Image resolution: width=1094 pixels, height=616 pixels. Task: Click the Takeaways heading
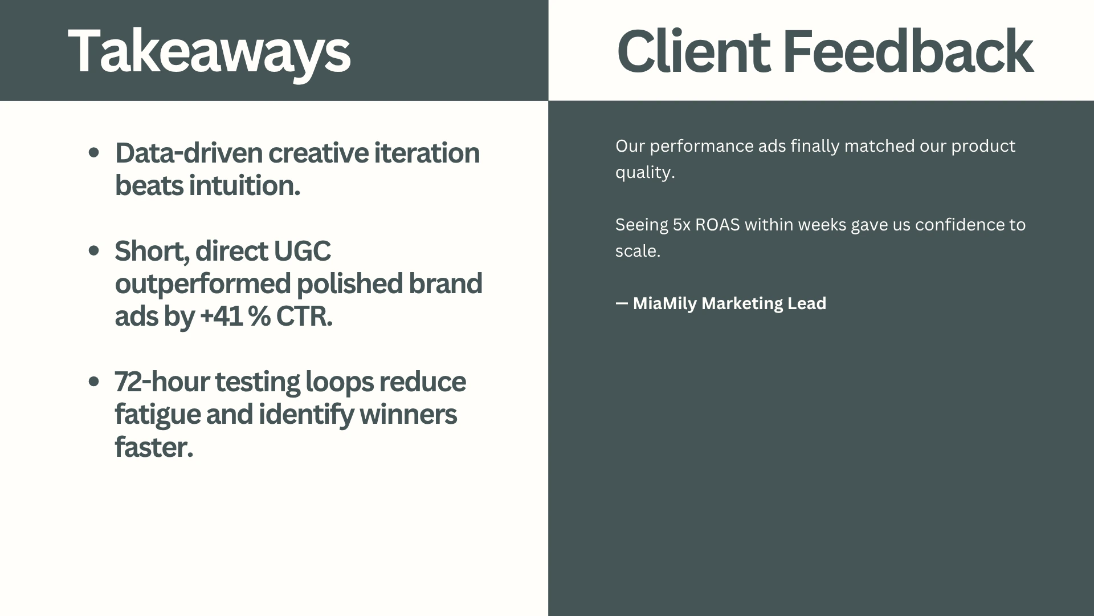click(x=209, y=52)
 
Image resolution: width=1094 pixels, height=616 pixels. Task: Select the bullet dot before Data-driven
click(x=95, y=153)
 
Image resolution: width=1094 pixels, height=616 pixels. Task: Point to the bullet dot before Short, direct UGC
click(x=95, y=251)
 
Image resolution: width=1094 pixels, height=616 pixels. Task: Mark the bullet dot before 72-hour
click(x=95, y=382)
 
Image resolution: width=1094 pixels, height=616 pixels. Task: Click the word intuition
click(x=244, y=185)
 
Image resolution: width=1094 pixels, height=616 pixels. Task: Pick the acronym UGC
click(x=302, y=251)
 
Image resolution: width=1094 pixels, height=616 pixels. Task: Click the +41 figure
click(x=223, y=317)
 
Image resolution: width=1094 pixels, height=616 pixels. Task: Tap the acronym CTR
click(x=304, y=317)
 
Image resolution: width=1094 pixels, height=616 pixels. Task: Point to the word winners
click(x=408, y=414)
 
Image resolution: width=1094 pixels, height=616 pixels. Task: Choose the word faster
click(x=154, y=447)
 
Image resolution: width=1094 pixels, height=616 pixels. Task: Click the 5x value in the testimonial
click(x=681, y=225)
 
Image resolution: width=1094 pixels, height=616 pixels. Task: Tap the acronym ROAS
click(x=717, y=225)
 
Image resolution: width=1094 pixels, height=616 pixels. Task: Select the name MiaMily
click(x=665, y=303)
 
